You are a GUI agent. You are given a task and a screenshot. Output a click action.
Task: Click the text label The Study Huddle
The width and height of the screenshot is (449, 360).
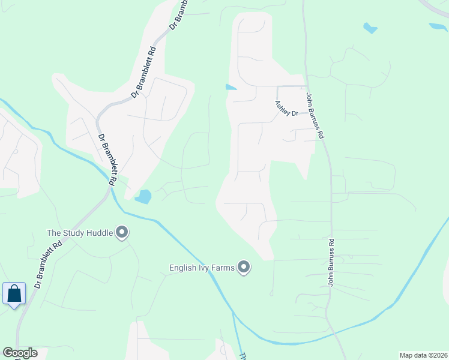[x=80, y=233]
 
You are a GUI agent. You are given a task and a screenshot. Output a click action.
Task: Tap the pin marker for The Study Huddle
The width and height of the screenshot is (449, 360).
[x=122, y=232]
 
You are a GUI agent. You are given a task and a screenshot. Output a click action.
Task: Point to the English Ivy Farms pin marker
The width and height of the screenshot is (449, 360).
[x=244, y=266]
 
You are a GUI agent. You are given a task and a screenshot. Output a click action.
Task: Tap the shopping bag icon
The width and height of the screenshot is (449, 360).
[x=14, y=294]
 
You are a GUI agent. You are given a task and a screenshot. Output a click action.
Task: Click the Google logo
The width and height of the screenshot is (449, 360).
[x=20, y=353]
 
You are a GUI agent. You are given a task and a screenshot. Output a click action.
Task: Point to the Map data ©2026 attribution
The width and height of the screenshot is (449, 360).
[x=423, y=355]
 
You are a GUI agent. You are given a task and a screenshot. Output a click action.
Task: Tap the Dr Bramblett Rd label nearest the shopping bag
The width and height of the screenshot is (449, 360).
[x=48, y=264]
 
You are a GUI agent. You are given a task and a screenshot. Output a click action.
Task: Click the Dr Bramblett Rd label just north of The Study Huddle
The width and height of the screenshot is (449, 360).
[x=107, y=158]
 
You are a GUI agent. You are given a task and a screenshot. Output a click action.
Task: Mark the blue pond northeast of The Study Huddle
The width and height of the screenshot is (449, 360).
[x=143, y=196]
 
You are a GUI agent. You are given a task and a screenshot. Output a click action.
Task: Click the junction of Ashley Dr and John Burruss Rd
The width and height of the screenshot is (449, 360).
[x=307, y=86]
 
